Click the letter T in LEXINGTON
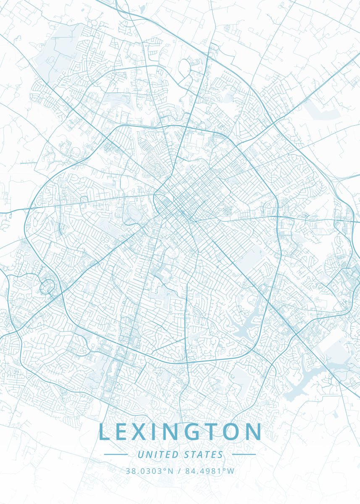pyautogui.click(x=214, y=432)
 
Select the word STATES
pyautogui.click(x=204, y=454)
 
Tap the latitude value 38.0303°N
pyautogui.click(x=149, y=471)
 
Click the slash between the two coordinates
pyautogui.click(x=179, y=471)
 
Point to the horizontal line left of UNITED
pyautogui.click(x=116, y=454)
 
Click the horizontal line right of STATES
pyautogui.click(x=244, y=454)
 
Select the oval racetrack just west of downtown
pyautogui.click(x=131, y=212)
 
